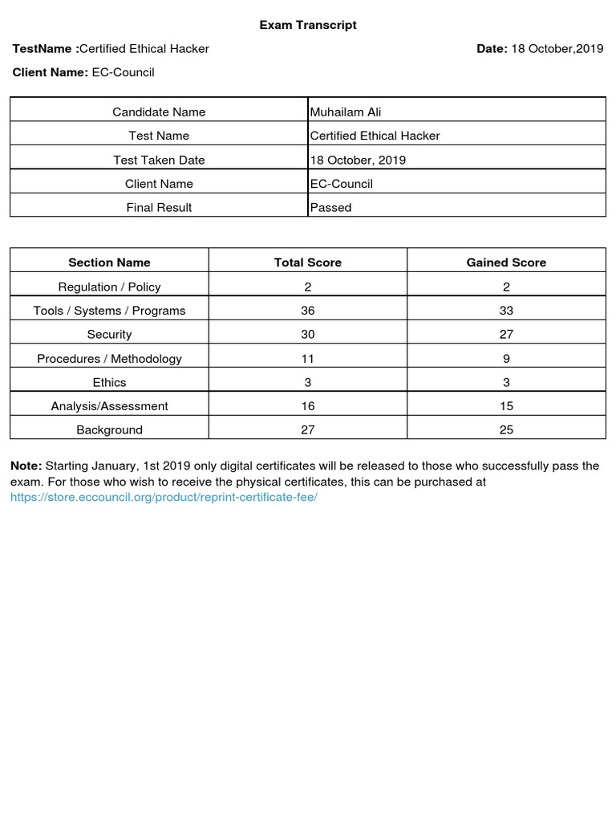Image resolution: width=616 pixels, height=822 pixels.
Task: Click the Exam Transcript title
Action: [308, 25]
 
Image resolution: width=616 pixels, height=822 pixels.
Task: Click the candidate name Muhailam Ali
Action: [346, 112]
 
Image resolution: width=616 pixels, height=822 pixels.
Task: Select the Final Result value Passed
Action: [331, 207]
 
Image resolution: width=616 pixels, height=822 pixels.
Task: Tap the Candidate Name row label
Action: [159, 112]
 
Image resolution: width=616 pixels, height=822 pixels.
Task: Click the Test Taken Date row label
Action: [159, 160]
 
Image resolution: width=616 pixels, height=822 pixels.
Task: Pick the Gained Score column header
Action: [506, 262]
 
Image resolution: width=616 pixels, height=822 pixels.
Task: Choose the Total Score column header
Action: [308, 262]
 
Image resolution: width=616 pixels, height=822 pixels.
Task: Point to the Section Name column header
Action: [109, 262]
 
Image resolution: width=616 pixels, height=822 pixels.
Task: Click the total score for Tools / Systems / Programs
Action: [308, 311]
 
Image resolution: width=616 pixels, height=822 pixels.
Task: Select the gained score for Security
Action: [506, 334]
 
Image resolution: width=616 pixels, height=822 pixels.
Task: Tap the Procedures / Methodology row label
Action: [109, 359]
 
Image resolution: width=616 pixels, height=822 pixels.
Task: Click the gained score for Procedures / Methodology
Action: [506, 359]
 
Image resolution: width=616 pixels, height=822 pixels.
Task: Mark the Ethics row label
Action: [109, 382]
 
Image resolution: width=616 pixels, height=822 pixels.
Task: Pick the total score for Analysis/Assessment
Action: [308, 406]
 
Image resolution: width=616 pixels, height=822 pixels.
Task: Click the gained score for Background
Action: [506, 430]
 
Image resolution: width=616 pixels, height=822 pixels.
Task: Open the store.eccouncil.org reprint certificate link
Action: [164, 497]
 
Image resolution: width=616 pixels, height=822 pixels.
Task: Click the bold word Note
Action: [26, 466]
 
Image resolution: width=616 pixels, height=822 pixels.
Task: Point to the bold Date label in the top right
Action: [492, 49]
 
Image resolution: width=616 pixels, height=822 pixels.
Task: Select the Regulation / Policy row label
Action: [109, 287]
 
